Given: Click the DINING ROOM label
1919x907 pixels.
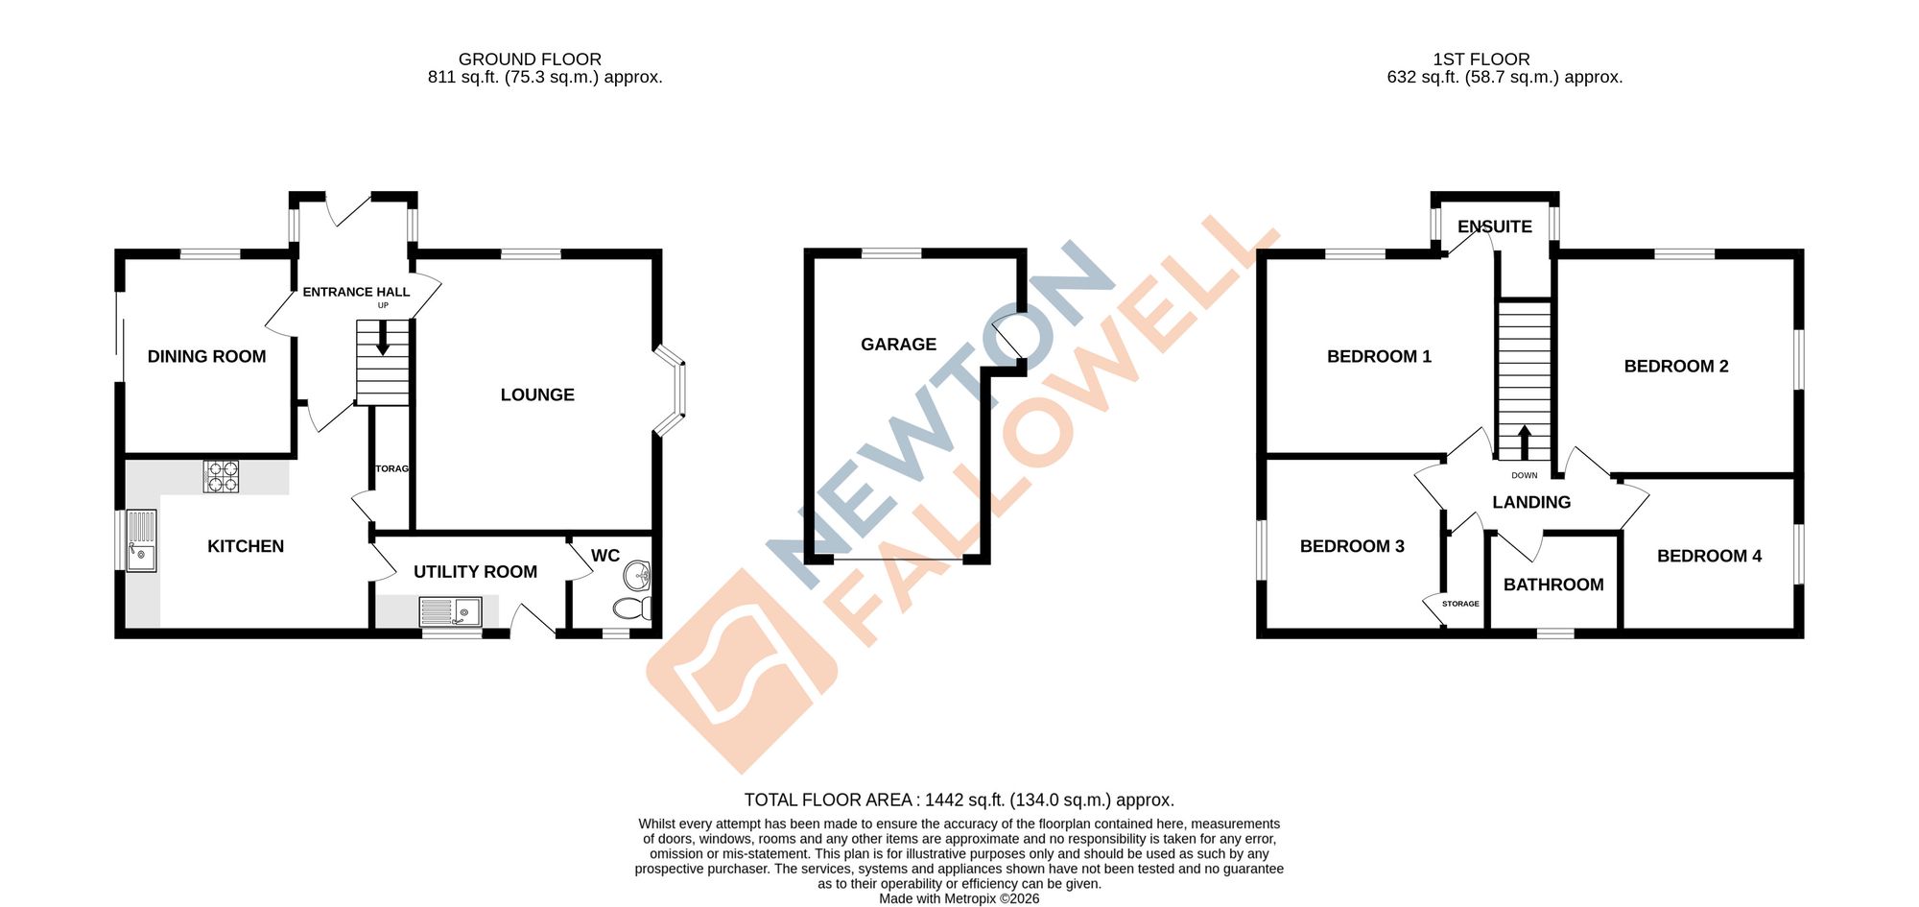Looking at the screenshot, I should (206, 357).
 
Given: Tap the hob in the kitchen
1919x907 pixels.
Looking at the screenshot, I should (221, 477).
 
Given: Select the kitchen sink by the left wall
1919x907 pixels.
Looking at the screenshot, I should (141, 540).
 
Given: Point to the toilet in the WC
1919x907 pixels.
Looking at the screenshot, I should (630, 608).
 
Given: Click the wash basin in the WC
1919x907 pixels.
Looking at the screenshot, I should (637, 576).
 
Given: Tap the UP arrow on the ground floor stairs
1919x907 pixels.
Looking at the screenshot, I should (383, 339).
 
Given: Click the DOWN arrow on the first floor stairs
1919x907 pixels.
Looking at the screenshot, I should (1525, 442).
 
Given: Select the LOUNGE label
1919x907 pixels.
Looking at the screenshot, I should (537, 395).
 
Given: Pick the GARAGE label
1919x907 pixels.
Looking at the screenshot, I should (898, 345).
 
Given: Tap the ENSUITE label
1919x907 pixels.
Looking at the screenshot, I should (1494, 227).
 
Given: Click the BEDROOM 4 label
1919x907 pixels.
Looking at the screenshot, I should (1709, 557).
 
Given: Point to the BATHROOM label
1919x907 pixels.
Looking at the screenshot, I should (1553, 585).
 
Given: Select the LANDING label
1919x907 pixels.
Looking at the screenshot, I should (1531, 503).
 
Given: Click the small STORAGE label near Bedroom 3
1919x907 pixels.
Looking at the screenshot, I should (1460, 604).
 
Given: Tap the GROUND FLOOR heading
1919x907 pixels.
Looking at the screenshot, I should (530, 60).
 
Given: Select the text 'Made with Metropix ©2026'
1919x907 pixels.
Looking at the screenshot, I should (959, 899).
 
